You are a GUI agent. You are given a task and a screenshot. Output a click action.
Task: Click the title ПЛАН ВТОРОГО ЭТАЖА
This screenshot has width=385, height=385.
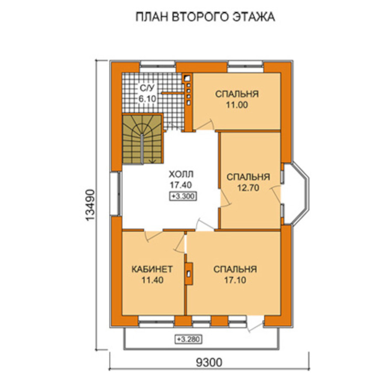click(x=205, y=17)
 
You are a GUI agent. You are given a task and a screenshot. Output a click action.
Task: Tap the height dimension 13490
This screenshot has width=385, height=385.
click(x=90, y=205)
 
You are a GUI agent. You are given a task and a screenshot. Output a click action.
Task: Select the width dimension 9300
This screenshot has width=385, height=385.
click(x=209, y=362)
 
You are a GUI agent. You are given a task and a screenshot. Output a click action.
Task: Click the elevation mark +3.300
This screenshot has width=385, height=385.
click(x=183, y=196)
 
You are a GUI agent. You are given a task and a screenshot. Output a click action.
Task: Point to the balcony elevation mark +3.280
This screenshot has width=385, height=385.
click(x=188, y=339)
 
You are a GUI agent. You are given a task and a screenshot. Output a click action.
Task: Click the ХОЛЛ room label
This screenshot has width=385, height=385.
click(x=181, y=175)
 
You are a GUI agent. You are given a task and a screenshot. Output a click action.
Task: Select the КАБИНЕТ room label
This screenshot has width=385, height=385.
click(x=152, y=269)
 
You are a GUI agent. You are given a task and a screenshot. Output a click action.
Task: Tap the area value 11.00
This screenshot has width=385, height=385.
click(x=237, y=105)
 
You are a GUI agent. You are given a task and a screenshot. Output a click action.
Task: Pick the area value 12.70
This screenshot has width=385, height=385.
click(x=248, y=188)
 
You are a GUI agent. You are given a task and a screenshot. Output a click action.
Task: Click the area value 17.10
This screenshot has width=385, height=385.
click(x=235, y=280)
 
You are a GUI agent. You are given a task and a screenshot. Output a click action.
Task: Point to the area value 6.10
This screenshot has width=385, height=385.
click(x=147, y=99)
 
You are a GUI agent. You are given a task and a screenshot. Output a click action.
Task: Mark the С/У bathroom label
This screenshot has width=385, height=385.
click(x=147, y=88)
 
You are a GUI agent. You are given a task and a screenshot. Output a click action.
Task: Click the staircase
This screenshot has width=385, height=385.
click(x=142, y=139)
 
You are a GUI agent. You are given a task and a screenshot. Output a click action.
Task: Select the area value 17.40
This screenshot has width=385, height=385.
click(x=181, y=185)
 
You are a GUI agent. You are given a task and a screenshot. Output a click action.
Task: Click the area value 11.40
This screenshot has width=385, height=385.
click(x=152, y=280)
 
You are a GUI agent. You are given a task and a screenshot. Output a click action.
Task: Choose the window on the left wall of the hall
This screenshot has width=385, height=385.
click(x=115, y=194)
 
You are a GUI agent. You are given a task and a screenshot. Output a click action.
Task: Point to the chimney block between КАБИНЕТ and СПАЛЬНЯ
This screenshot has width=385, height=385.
click(x=189, y=274)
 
